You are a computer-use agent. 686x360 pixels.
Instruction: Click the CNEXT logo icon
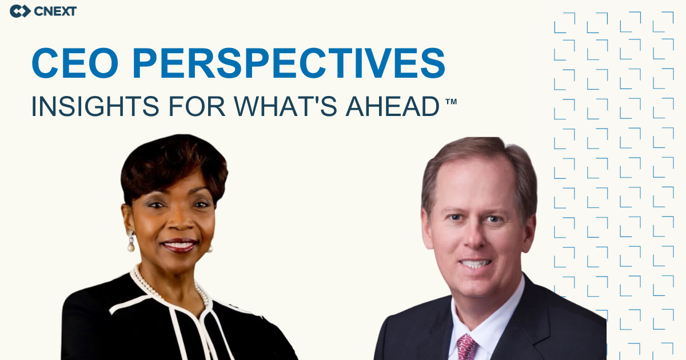click(x=20, y=11)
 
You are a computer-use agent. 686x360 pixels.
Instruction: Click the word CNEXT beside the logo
click(x=55, y=11)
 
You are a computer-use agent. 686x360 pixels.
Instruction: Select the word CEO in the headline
click(x=75, y=63)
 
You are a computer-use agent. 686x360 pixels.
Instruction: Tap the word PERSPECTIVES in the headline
click(x=289, y=63)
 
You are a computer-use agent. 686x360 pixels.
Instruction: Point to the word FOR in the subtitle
click(x=197, y=106)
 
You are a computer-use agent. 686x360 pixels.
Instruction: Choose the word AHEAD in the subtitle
click(x=393, y=106)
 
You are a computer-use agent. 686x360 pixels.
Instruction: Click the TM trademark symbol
click(x=451, y=102)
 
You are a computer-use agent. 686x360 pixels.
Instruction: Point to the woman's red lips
click(x=180, y=246)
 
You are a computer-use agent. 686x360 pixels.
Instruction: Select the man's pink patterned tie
click(x=466, y=347)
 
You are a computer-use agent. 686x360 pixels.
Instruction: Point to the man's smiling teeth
click(x=475, y=263)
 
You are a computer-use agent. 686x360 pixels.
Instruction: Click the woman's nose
click(x=181, y=221)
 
